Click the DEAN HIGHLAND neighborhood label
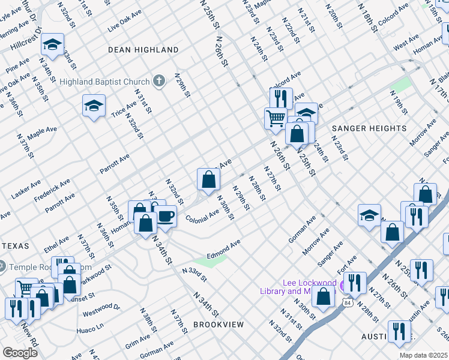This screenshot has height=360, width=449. [x=143, y=50]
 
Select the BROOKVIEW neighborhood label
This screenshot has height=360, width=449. [x=218, y=325]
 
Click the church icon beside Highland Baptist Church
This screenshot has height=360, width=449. [x=159, y=81]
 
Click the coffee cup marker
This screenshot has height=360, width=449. [x=166, y=217]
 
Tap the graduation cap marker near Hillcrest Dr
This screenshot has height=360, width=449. [x=53, y=45]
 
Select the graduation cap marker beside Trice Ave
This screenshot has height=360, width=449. [x=94, y=106]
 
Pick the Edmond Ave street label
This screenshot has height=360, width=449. [x=224, y=247]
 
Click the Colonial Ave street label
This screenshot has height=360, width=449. [x=202, y=216]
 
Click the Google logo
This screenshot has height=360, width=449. [x=20, y=353]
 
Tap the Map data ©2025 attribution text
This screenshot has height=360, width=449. [x=424, y=355]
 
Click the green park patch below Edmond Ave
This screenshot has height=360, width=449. [x=210, y=261]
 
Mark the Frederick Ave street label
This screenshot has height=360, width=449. [x=52, y=189]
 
